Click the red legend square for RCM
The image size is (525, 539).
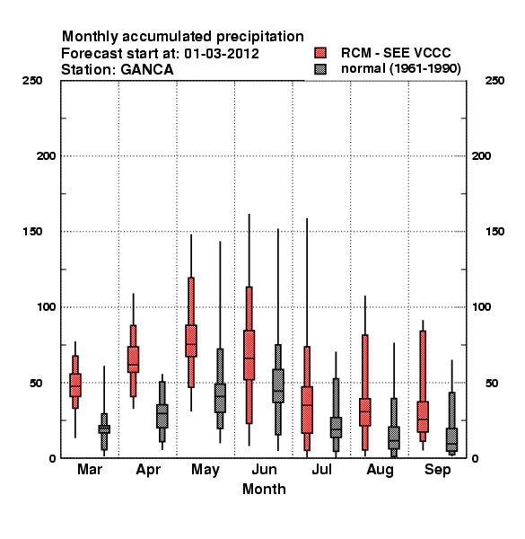[x=320, y=53]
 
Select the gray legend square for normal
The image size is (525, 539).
[x=320, y=69]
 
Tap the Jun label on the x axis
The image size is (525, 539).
[x=264, y=470]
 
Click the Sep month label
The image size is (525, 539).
[x=437, y=470]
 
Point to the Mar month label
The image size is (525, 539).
[x=90, y=469]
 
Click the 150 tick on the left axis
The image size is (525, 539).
[x=32, y=232]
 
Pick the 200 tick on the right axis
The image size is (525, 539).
[x=481, y=156]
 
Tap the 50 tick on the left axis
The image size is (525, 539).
[x=36, y=383]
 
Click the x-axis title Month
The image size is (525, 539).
[x=264, y=490]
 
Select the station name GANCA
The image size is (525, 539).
[x=147, y=70]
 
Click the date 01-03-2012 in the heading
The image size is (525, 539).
[x=222, y=54]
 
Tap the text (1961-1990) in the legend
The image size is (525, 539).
[x=425, y=69]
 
